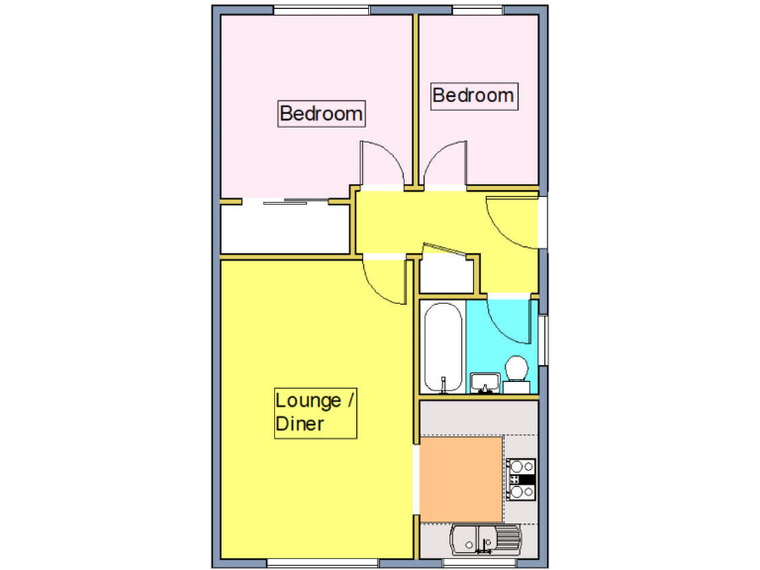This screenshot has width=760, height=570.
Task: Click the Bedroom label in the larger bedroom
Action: click(321, 114)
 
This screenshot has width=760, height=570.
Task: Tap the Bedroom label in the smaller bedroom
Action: click(473, 95)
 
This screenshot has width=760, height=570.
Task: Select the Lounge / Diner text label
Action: click(315, 413)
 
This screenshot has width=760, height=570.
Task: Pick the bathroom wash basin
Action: click(484, 382)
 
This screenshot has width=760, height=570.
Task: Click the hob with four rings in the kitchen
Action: click(521, 478)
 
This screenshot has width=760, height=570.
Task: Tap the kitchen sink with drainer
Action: click(483, 540)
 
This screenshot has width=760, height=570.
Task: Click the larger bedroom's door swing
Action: click(381, 164)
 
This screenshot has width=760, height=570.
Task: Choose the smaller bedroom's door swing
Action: click(444, 164)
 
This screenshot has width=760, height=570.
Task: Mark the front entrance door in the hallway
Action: click(513, 223)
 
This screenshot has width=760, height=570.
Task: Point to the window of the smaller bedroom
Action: click(479, 10)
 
